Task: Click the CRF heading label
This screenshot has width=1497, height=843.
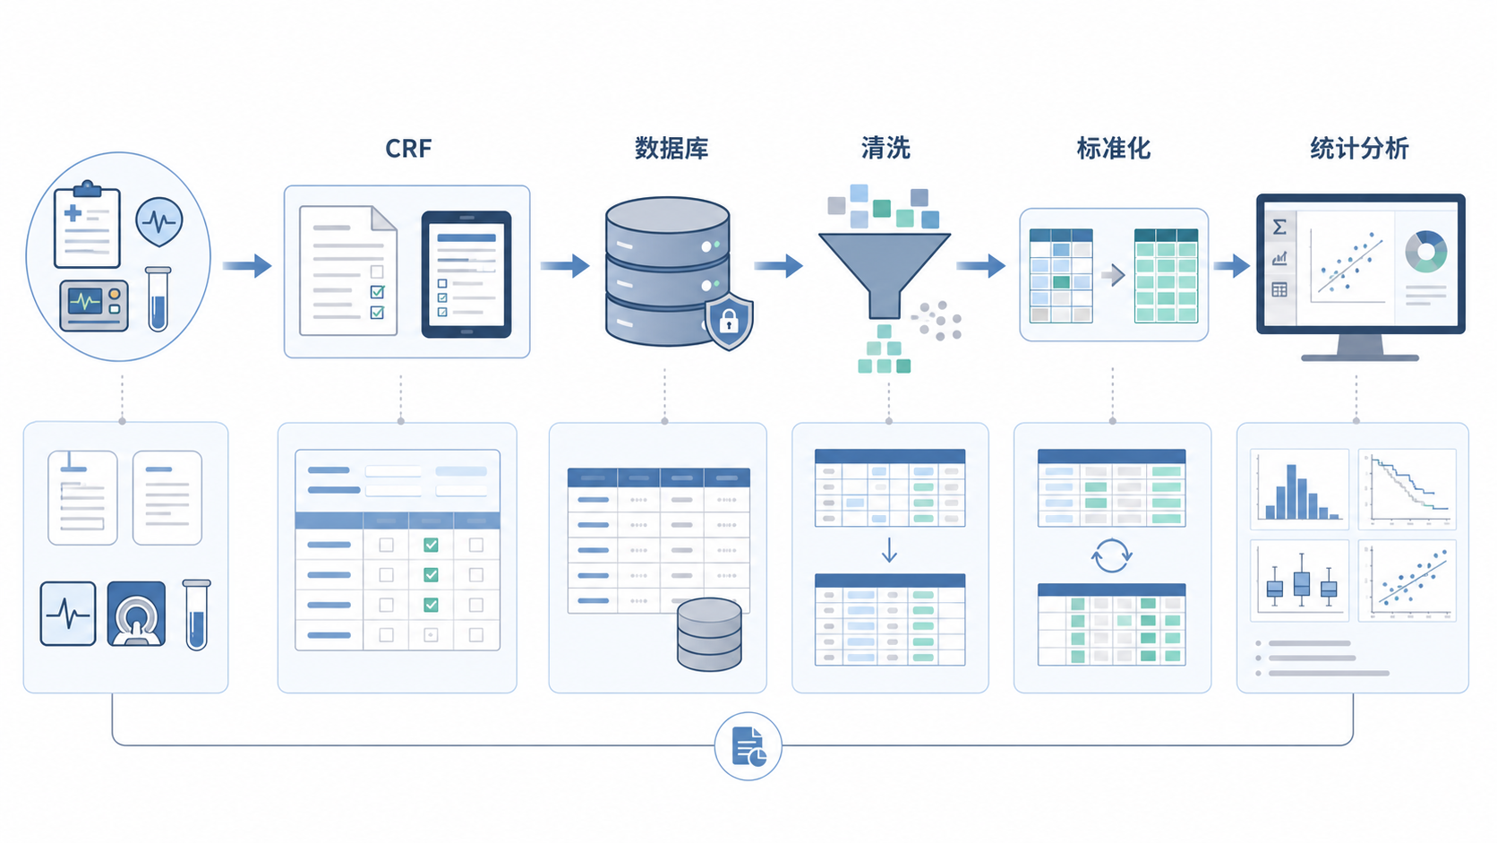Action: tap(408, 149)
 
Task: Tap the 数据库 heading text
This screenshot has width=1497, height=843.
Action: tap(671, 149)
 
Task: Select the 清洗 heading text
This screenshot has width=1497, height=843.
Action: tap(885, 149)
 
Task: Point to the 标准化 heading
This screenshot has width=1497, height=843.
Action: tap(1114, 149)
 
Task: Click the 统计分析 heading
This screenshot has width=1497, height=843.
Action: tap(1359, 149)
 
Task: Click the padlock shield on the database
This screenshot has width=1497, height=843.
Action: tap(729, 321)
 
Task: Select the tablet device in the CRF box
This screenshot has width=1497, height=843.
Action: tap(466, 274)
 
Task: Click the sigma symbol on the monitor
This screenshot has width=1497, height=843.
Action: tap(1279, 228)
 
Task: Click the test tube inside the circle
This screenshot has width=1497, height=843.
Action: tap(158, 299)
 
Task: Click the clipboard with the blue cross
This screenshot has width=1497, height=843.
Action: tap(87, 225)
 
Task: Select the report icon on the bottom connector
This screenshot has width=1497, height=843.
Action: tap(748, 746)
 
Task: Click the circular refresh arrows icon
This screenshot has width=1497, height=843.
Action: tap(1111, 555)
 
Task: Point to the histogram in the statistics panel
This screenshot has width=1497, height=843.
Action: tap(1299, 489)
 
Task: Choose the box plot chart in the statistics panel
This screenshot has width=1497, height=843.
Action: tap(1299, 581)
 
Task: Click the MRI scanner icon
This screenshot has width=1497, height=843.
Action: tap(136, 614)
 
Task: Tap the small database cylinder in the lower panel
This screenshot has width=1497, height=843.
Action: tap(709, 634)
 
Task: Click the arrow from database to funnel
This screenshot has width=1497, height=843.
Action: tap(779, 266)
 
